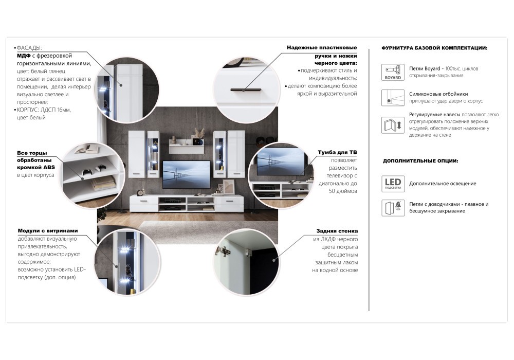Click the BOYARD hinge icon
tap(393, 72)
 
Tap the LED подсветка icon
tap(393, 184)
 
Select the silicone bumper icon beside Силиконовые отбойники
tap(393, 98)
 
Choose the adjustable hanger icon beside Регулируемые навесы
tap(393, 124)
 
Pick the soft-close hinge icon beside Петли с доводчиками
tap(393, 208)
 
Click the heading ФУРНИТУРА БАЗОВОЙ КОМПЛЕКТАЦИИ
tap(434, 48)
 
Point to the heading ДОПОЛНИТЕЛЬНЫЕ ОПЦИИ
tap(420, 160)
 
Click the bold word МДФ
tap(24, 56)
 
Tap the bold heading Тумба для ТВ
tap(337, 152)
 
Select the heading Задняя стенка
tap(337, 231)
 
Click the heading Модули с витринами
tap(48, 231)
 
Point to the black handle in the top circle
tap(246, 89)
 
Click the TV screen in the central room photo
tap(186, 174)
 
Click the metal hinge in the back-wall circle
tap(223, 251)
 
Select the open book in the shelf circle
tap(83, 150)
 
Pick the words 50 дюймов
tap(343, 191)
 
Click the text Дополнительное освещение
tap(443, 184)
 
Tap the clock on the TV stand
tap(140, 193)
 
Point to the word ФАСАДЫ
tap(29, 48)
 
